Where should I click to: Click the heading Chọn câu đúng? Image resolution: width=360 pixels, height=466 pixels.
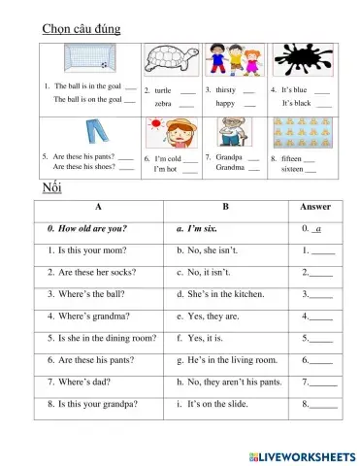click(x=82, y=29)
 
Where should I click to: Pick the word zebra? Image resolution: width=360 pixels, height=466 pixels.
click(x=163, y=102)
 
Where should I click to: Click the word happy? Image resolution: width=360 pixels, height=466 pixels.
click(x=225, y=102)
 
